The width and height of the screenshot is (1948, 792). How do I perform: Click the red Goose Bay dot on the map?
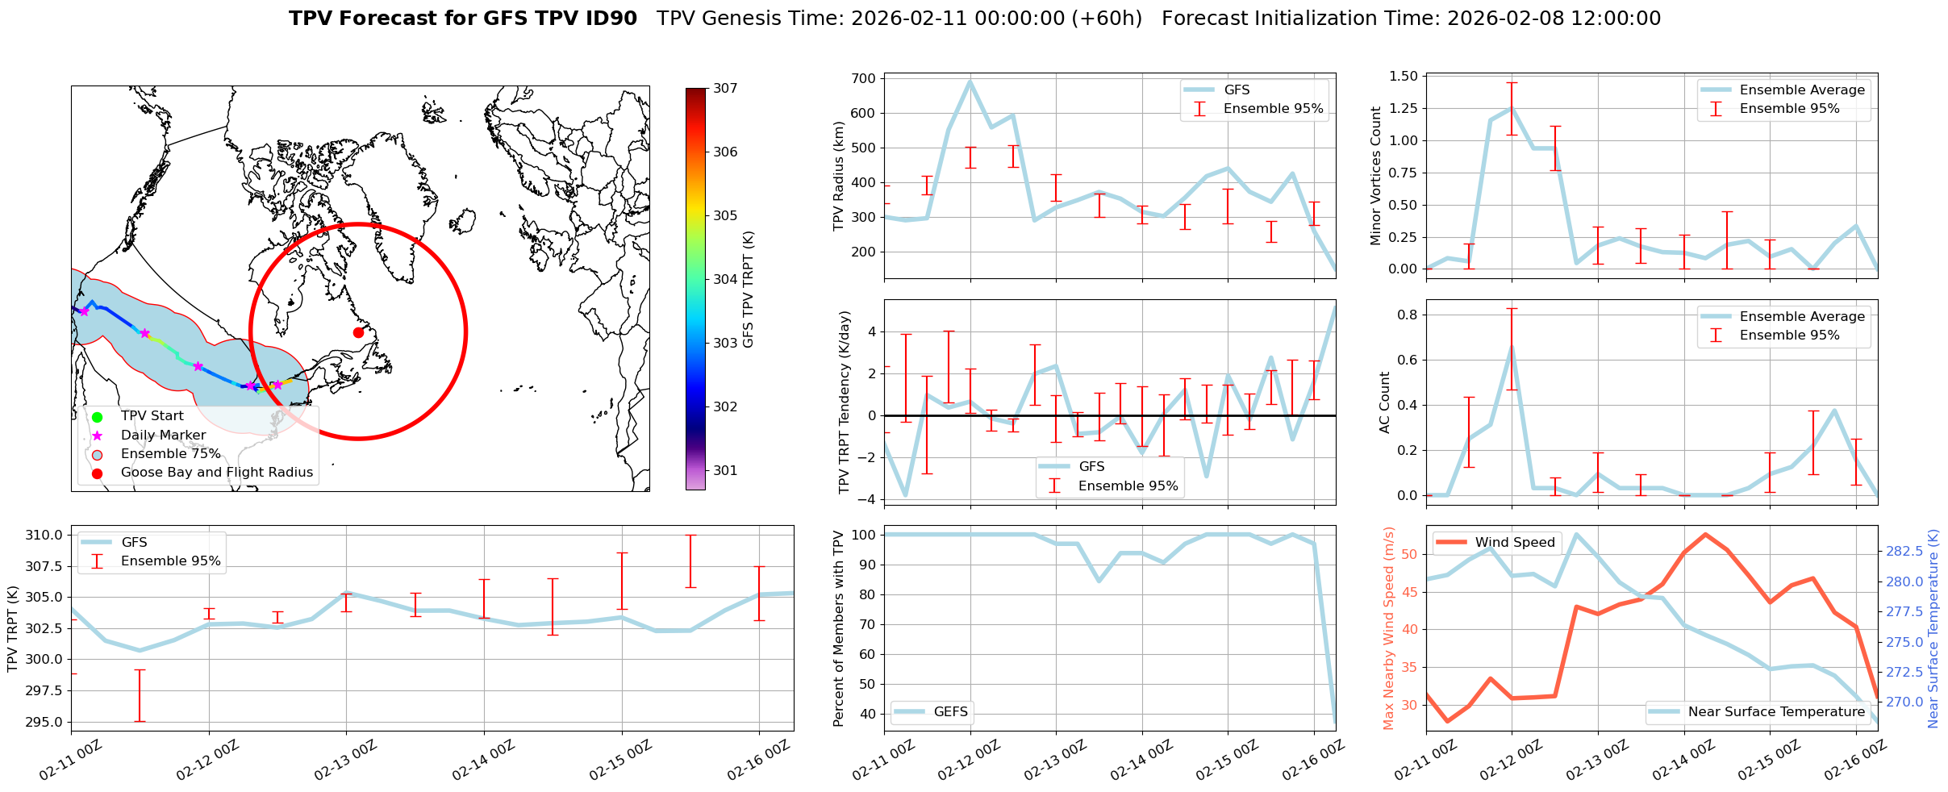click(x=358, y=332)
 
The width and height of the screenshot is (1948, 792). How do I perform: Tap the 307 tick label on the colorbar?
click(x=725, y=89)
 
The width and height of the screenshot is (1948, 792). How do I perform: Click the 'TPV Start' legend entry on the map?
click(x=152, y=416)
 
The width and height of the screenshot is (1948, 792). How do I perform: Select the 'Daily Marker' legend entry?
click(x=163, y=436)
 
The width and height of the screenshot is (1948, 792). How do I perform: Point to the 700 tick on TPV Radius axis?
click(x=863, y=79)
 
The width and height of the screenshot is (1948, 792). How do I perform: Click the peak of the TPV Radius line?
click(x=970, y=81)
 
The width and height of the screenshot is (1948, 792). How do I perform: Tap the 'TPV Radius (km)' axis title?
click(x=839, y=176)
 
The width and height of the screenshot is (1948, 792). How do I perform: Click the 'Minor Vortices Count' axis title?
click(x=1376, y=176)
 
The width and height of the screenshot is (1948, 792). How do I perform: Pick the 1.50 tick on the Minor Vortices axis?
click(x=1404, y=77)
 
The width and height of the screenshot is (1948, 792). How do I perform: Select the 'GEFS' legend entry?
click(x=950, y=711)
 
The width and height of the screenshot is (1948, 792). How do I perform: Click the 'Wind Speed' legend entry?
click(x=1515, y=543)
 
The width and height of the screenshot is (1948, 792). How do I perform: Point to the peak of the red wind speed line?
click(x=1705, y=534)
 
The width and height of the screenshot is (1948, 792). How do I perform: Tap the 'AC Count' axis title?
click(x=1385, y=402)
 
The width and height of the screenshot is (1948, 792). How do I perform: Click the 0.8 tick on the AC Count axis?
click(x=1408, y=315)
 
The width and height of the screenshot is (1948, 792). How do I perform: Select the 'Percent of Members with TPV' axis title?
click(x=839, y=628)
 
